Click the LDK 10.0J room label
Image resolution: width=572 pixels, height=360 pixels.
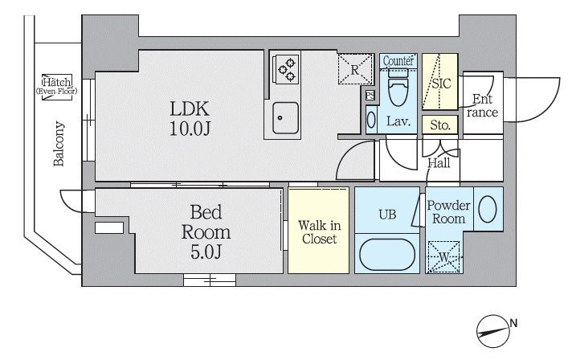190,119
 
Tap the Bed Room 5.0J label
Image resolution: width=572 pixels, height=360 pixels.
206,232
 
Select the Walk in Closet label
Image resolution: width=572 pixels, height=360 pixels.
319,232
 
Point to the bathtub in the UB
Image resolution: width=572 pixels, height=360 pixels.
387,255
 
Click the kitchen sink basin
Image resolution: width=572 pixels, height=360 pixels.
285,117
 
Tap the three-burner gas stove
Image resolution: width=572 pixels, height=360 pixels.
286,68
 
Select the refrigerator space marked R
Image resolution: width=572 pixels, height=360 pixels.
355,69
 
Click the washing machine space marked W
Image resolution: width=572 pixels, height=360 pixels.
443,257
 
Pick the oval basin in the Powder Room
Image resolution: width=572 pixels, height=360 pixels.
488,209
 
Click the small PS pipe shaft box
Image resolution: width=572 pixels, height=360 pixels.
370,96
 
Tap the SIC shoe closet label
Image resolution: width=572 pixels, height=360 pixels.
441,84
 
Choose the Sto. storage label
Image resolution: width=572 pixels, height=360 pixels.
440,125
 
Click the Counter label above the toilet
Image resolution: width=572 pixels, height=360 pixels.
398,61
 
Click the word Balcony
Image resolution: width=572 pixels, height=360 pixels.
59,144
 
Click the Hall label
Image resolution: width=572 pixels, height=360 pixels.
439,163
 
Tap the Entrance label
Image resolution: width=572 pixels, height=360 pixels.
482,105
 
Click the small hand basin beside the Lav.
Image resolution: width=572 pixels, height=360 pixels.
371,119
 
